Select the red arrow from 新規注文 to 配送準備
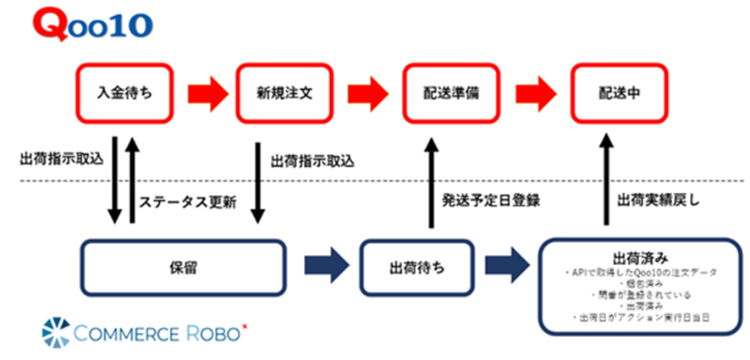(x=367, y=89)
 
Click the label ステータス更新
(x=184, y=204)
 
